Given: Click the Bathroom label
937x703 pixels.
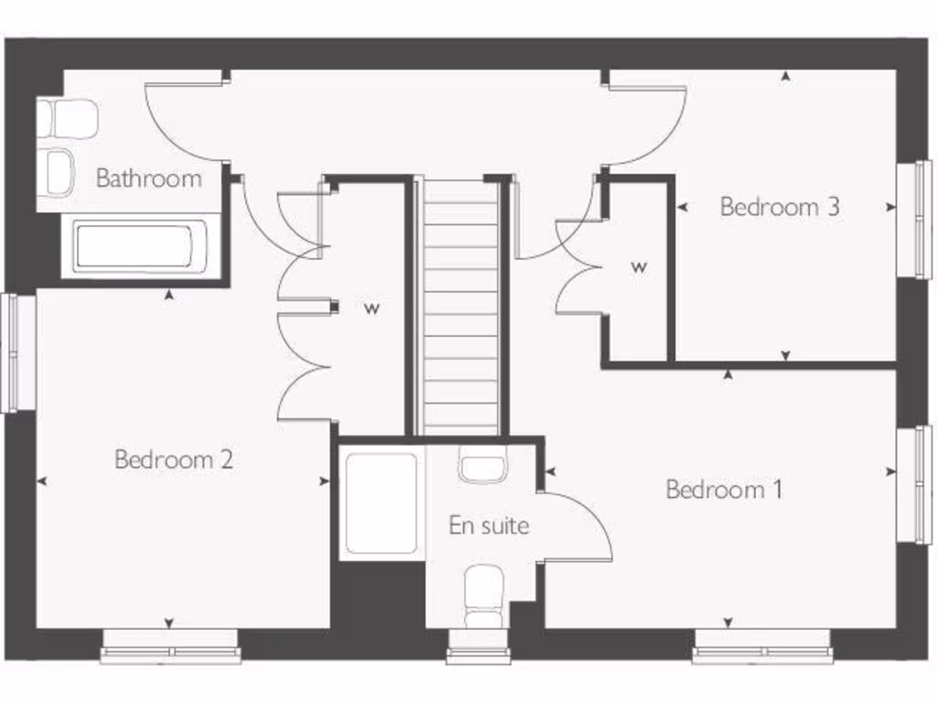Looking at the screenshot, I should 149,178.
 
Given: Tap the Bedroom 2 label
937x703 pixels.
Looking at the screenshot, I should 174,459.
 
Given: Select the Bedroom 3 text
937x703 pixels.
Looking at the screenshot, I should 780,206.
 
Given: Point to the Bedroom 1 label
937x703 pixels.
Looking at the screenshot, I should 724,490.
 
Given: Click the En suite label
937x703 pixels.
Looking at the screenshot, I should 489,525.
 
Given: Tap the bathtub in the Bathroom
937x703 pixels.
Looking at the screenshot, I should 134,247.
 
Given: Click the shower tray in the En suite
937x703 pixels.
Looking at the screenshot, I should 382,503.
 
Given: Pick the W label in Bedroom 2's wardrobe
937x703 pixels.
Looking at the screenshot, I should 372,308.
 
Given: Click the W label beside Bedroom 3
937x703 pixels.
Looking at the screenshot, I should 639,267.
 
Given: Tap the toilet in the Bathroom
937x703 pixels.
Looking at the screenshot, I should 69,119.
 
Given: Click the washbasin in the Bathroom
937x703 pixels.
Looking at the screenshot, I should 59,172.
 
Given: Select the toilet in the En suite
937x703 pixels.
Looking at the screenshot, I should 483,595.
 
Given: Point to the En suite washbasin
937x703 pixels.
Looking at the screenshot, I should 482,468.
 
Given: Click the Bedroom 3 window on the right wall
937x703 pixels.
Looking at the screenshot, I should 913,220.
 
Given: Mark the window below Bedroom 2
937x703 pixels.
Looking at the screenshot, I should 170,647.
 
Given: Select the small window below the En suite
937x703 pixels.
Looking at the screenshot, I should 479,647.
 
